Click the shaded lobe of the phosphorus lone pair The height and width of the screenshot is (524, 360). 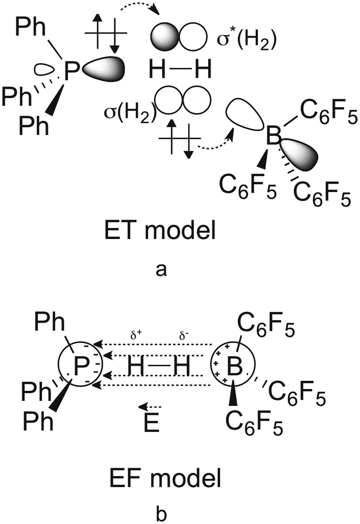coord(106,67)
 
